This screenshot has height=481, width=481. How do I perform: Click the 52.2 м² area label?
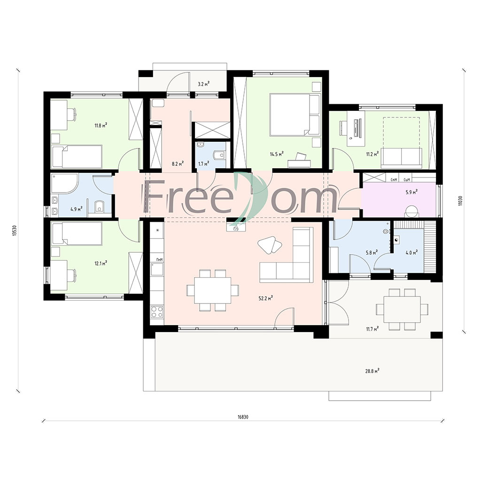(266, 298)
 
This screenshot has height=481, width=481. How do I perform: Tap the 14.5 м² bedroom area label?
(276, 154)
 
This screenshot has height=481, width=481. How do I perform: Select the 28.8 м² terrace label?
(372, 371)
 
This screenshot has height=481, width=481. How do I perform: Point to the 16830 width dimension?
(243, 417)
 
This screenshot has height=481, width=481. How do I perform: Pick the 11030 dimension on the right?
(460, 201)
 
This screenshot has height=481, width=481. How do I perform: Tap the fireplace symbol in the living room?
(236, 227)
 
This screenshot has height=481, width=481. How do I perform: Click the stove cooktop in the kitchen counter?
(157, 312)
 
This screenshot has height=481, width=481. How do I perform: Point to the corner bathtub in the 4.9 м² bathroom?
(64, 184)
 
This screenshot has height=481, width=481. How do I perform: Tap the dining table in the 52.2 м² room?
(213, 290)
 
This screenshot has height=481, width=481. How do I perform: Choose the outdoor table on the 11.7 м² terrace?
(402, 309)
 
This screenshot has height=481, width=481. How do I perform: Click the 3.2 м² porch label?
(203, 84)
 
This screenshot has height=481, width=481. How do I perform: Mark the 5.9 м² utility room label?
(411, 192)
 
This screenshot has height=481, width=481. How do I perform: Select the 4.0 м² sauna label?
(411, 253)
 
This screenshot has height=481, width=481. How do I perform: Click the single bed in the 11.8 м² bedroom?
(77, 156)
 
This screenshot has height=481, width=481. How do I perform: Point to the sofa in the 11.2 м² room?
(402, 158)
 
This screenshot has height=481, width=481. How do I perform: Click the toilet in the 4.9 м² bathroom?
(99, 206)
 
